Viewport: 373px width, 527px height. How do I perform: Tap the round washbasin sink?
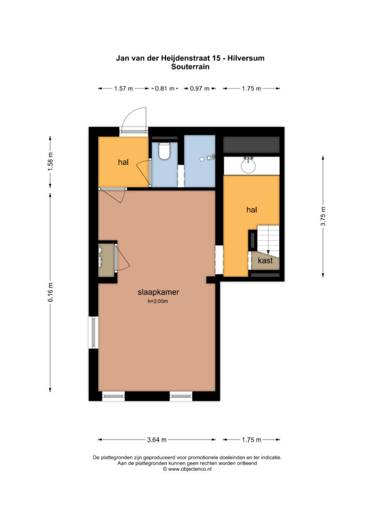[x=248, y=166]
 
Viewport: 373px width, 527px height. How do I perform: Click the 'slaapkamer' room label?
[x=158, y=292]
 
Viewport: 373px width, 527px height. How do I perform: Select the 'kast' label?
[x=265, y=260]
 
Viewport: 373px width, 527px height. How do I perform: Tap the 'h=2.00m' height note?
[x=158, y=302]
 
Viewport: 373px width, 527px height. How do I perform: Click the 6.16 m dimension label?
[x=50, y=292]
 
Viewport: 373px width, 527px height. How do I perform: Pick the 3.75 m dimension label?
[x=323, y=216]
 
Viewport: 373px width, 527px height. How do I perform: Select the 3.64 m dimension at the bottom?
[x=157, y=440]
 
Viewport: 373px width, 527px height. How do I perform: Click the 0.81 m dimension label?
[x=164, y=89]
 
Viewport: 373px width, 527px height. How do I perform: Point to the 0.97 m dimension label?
[x=199, y=89]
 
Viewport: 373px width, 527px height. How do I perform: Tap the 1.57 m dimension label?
[x=124, y=89]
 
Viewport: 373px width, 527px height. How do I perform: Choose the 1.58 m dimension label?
[x=50, y=162]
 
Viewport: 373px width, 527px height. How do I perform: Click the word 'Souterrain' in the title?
[x=191, y=66]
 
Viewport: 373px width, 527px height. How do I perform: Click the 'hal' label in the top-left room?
[x=123, y=162]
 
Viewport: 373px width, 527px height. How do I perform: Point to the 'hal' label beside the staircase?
[x=251, y=210]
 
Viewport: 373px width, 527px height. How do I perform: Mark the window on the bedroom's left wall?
[x=93, y=332]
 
